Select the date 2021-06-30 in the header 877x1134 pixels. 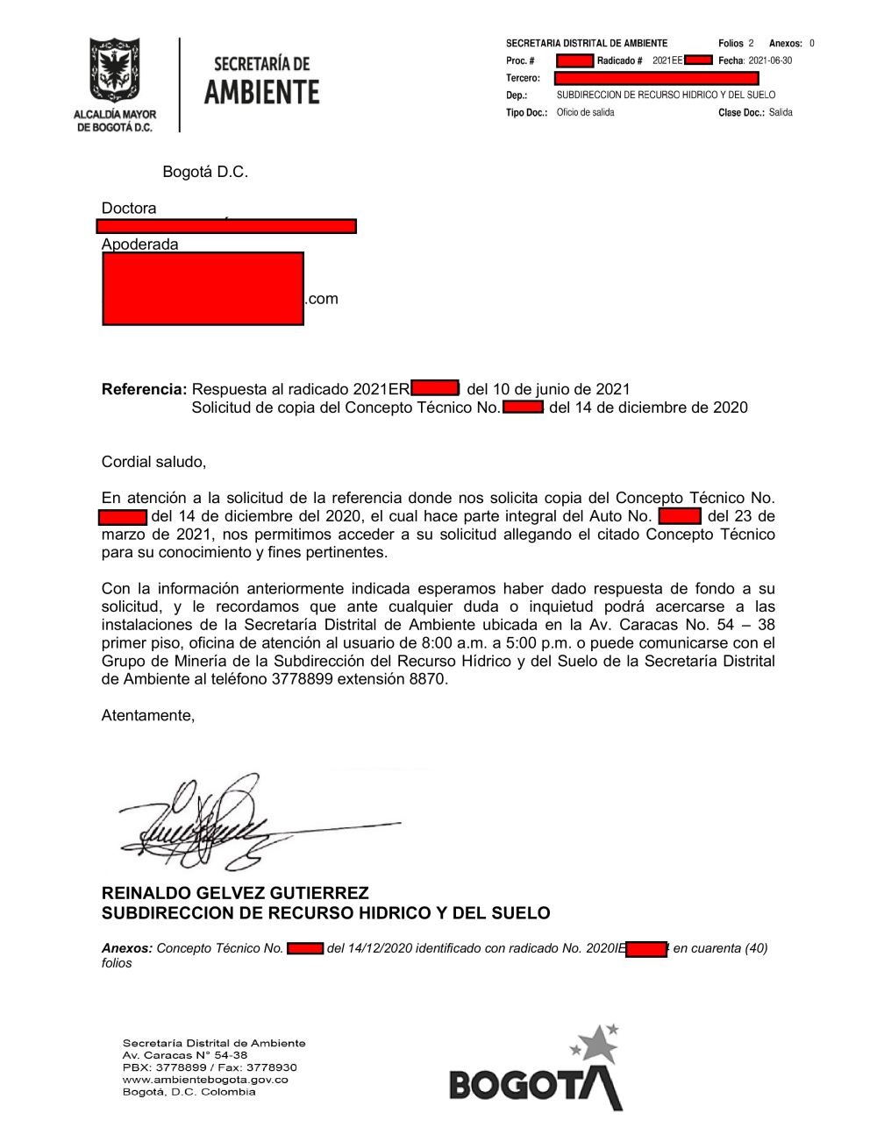[x=770, y=60]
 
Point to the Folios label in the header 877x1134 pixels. [x=731, y=43]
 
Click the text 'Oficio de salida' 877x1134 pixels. [x=585, y=112]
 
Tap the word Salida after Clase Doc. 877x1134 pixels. [x=781, y=112]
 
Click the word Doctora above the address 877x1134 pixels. [x=129, y=209]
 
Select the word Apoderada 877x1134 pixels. [x=139, y=245]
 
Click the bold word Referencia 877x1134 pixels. [x=144, y=389]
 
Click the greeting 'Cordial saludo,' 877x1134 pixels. [x=153, y=462]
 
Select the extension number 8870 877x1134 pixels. [x=428, y=679]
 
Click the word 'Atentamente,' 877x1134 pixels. [x=148, y=716]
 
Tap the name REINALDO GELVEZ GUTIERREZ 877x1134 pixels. [x=235, y=893]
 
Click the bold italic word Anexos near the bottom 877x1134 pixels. [x=127, y=948]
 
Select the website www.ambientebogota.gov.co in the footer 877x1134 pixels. [x=205, y=1080]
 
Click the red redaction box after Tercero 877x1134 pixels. [x=656, y=78]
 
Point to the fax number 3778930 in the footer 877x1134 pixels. [x=272, y=1067]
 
